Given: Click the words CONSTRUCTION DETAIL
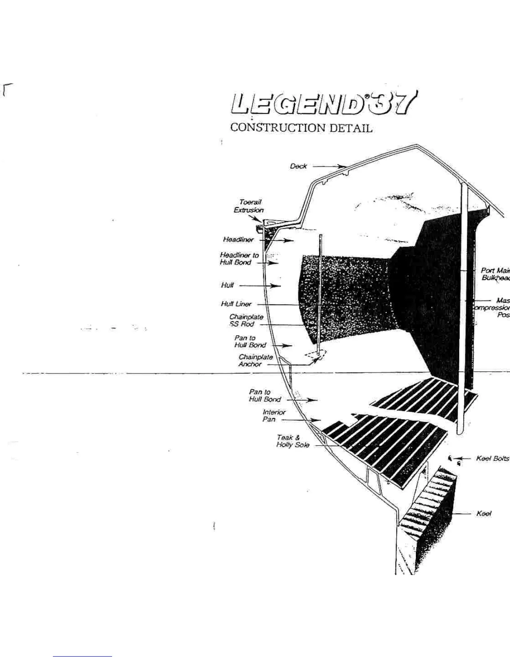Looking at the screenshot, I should (x=301, y=127).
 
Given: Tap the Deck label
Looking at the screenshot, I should (x=298, y=166).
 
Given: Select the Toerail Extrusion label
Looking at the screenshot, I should (x=249, y=206).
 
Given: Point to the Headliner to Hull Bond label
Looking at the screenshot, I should (x=239, y=259).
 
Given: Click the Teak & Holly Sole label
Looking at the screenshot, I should (x=292, y=441).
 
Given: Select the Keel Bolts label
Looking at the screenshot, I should (x=492, y=458).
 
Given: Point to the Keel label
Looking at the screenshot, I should (x=484, y=514).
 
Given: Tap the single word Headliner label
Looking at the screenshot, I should (x=238, y=240).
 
